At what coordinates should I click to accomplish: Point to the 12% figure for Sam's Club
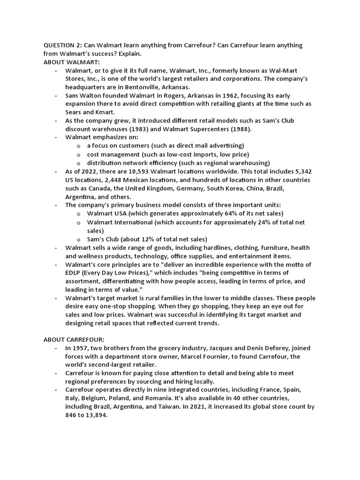point(144,239)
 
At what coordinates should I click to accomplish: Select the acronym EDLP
point(74,273)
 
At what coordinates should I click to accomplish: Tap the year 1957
point(82,348)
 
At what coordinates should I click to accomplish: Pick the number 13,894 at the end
point(95,415)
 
